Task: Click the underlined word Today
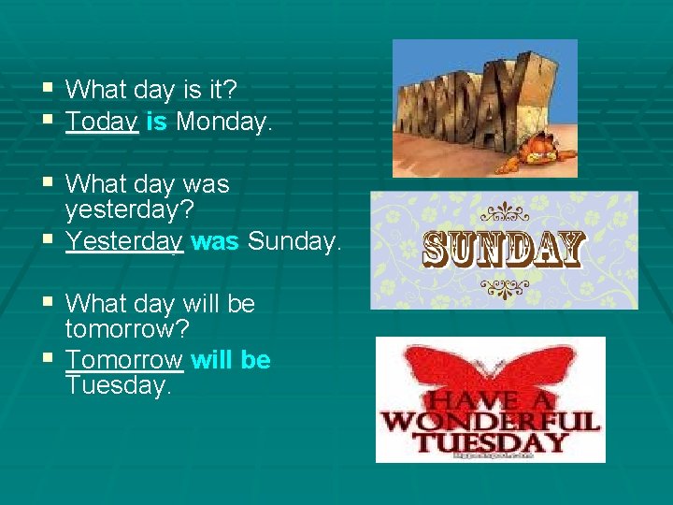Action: [103, 122]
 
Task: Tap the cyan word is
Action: [156, 122]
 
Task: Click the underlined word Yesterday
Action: [124, 242]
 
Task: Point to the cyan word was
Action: [215, 242]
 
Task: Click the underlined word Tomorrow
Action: [124, 361]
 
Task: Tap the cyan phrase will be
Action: [231, 361]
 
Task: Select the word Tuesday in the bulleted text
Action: [119, 385]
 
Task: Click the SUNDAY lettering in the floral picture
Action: [504, 251]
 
